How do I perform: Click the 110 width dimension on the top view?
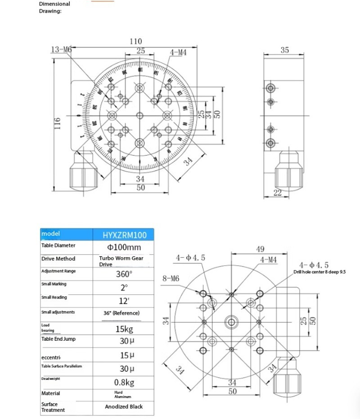pyautogui.click(x=135, y=41)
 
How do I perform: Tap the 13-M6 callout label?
pyautogui.click(x=61, y=49)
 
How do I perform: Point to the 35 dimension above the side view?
pyautogui.click(x=284, y=50)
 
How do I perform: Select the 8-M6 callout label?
pyautogui.click(x=171, y=279)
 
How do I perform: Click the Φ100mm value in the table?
pyautogui.click(x=124, y=247)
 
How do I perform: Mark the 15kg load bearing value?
pyautogui.click(x=124, y=329)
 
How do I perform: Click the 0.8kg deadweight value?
pyautogui.click(x=124, y=383)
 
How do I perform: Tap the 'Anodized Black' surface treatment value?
pyautogui.click(x=124, y=406)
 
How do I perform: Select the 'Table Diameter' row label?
pyautogui.click(x=58, y=246)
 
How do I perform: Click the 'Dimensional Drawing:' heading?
pyautogui.click(x=54, y=7)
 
